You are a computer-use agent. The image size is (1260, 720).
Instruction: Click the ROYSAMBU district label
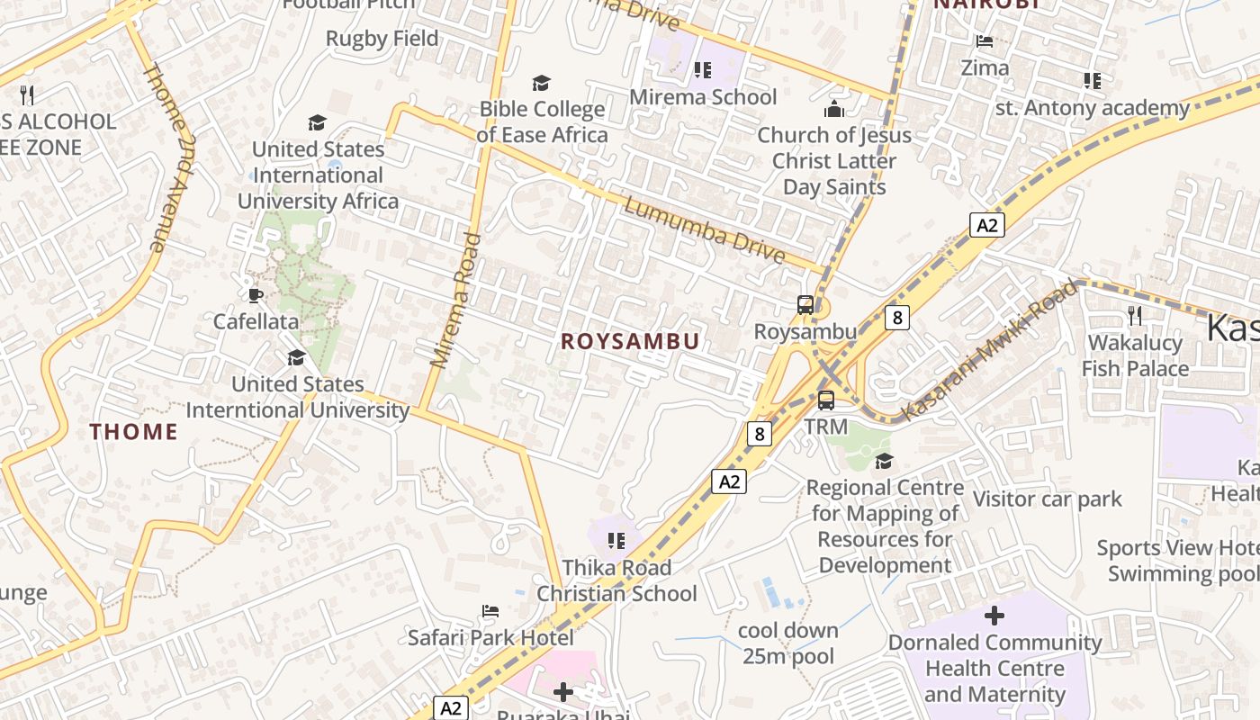pos(630,341)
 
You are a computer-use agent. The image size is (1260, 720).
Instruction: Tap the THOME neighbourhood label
pos(133,432)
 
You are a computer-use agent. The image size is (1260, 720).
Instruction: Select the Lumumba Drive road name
pos(704,230)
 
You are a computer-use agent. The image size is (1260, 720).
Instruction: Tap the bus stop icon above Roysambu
pos(805,305)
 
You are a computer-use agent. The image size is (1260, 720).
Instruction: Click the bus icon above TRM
pos(825,400)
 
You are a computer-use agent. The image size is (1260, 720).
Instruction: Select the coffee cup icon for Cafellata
pos(256,295)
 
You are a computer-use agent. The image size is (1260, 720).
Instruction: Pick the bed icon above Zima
pos(985,41)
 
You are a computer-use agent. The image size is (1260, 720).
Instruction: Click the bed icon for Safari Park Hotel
pos(490,612)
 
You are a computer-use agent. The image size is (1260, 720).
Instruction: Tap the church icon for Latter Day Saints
pos(834,109)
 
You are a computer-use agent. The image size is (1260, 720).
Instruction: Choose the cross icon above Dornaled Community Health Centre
pos(994,616)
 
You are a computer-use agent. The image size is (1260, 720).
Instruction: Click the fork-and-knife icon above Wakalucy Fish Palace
pos(1134,316)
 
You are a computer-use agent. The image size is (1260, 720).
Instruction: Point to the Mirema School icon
pos(703,70)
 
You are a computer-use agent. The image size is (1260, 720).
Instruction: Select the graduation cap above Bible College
pos(541,83)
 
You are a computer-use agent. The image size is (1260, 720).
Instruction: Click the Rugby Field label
pos(382,39)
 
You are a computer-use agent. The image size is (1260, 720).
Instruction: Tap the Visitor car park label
pos(1048,499)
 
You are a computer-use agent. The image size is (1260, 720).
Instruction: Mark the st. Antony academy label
pos(1093,108)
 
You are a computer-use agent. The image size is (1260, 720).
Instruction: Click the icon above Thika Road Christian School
pos(616,541)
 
